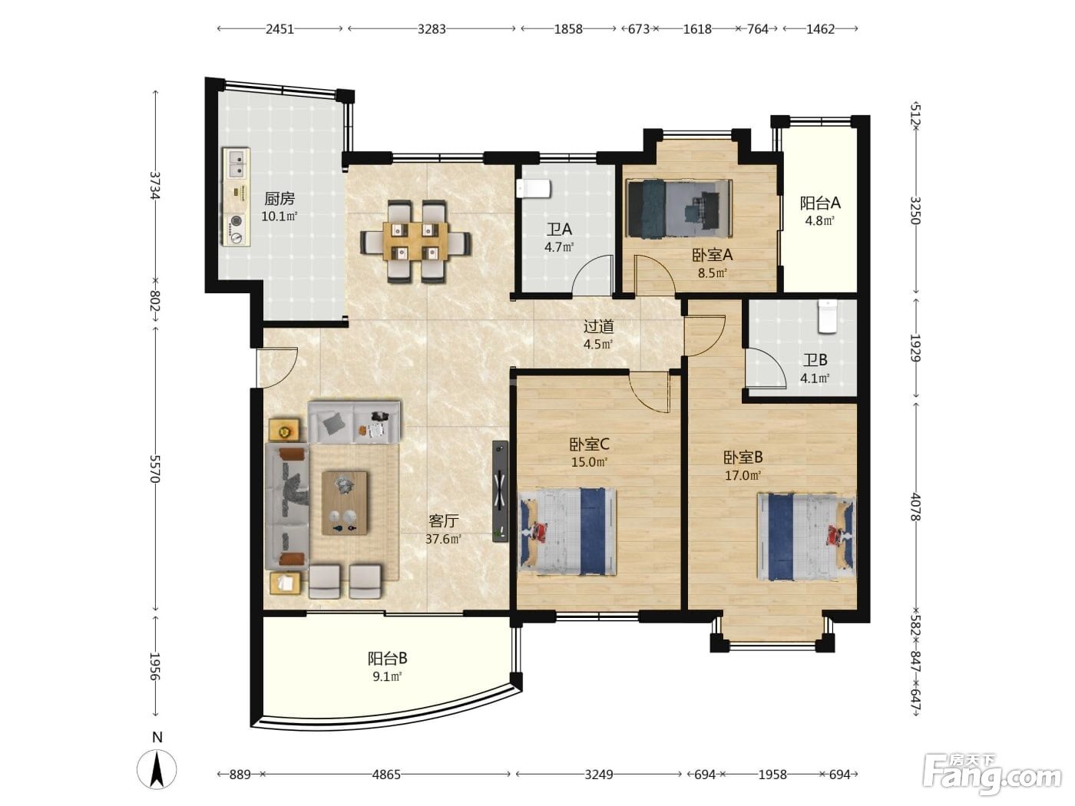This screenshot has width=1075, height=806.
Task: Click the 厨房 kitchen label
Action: [x=279, y=199]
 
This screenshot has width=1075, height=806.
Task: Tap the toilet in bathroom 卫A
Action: [x=534, y=188]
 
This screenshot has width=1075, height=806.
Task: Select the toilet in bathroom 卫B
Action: [x=828, y=316]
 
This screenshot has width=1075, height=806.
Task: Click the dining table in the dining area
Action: [x=416, y=240]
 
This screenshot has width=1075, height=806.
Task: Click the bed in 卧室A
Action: [x=680, y=209]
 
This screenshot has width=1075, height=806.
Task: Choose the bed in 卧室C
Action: [x=567, y=531]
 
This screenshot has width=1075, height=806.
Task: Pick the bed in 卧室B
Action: [x=806, y=537]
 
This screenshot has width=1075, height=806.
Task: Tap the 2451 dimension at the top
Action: [x=279, y=29]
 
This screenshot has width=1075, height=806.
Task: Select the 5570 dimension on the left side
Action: [x=155, y=468]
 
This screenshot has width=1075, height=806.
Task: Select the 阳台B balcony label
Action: [x=388, y=659]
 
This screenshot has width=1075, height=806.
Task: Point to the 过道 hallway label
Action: [x=598, y=326]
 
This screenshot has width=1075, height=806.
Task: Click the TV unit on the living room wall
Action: [x=500, y=491]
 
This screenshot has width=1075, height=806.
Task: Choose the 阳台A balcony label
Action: [x=820, y=202]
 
